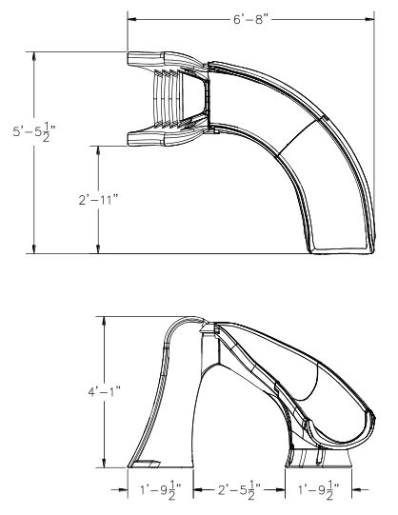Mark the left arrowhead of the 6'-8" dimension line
(131, 17)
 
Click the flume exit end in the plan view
(333, 246)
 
